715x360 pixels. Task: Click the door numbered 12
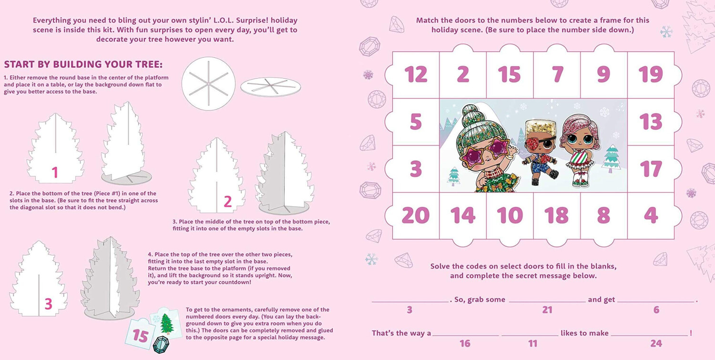click(416, 75)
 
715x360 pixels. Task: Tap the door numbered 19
click(651, 75)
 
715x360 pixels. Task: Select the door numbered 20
click(416, 216)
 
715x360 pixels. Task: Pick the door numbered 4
click(651, 216)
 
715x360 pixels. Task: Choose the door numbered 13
click(651, 122)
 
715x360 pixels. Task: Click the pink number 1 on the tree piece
click(55, 173)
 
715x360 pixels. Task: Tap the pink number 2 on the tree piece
click(227, 202)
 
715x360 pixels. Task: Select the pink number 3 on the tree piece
click(48, 304)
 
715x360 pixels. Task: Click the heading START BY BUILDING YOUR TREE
click(83, 64)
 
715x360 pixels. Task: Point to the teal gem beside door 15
click(161, 345)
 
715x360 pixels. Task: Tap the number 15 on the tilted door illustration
click(141, 336)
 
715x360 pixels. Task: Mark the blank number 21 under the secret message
click(547, 309)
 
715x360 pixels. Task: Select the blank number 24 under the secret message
click(656, 343)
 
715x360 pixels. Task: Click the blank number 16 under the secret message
click(465, 343)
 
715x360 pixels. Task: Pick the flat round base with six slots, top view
click(208, 84)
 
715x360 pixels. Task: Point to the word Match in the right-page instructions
click(427, 20)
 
